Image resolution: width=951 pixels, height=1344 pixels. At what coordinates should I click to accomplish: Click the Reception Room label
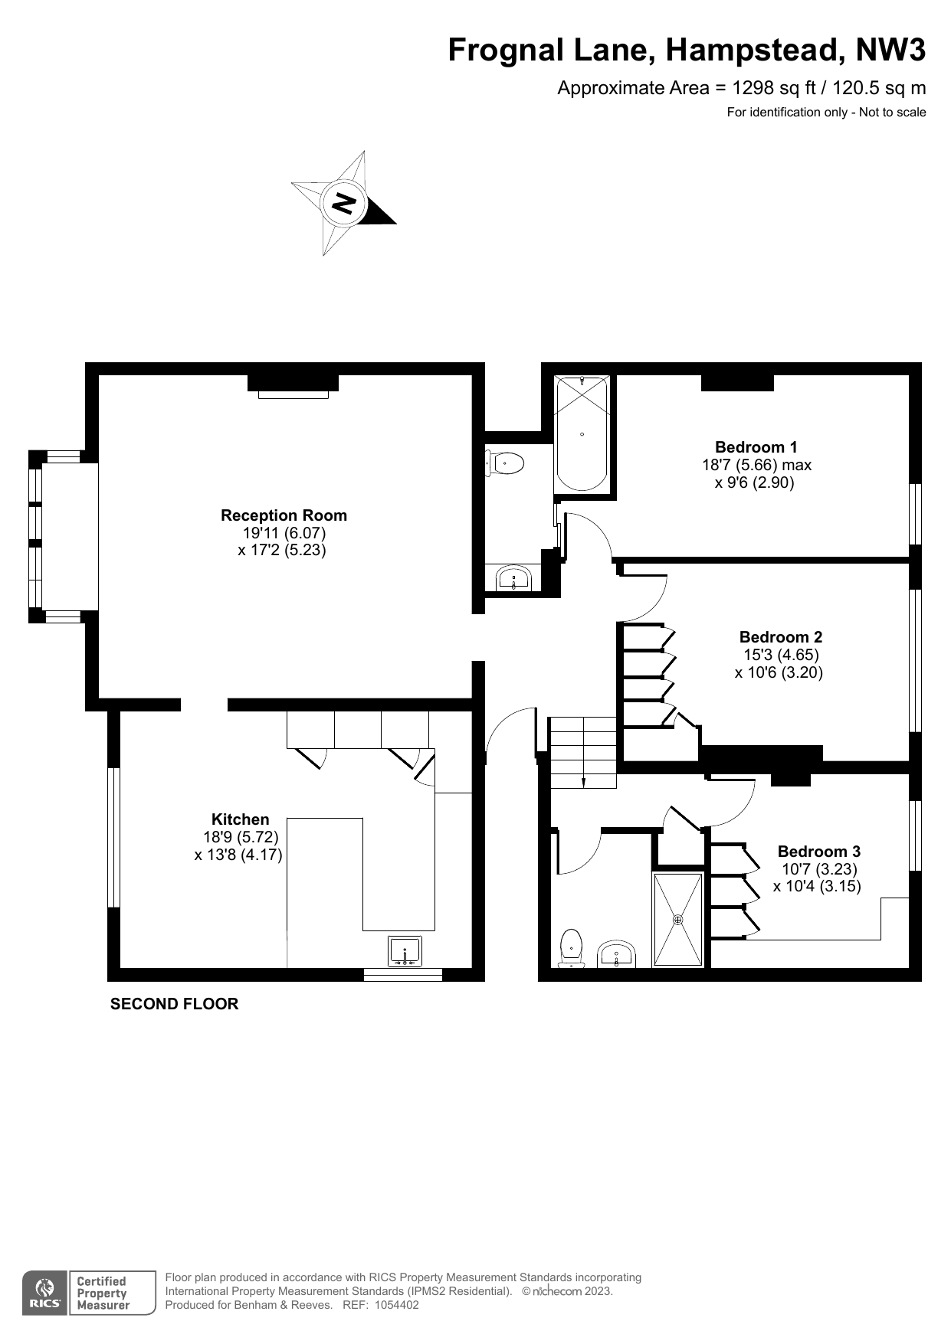pos(284,515)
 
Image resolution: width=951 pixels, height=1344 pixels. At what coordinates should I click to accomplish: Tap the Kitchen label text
pos(240,819)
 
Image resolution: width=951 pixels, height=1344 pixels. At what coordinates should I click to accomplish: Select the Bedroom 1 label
pos(756,447)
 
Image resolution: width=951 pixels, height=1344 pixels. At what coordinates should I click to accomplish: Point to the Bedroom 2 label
pos(781,637)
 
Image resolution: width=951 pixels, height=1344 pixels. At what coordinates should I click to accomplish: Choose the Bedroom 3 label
pos(818,852)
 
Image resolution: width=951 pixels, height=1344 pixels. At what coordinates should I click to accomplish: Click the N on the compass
pos(344,204)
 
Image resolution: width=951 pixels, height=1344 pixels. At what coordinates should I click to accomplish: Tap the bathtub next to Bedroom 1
pos(582,433)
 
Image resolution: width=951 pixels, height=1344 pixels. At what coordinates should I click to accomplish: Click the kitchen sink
pos(405,951)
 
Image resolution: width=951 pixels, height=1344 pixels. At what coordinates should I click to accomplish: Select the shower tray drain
pos(677,920)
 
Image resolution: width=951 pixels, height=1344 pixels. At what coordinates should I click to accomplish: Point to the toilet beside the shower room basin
pos(571,948)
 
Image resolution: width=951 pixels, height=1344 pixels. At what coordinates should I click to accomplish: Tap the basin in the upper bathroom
pos(513,578)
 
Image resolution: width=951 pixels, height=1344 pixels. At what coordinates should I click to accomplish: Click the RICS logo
pos(44,1293)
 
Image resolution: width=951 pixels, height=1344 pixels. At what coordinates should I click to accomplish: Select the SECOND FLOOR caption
pos(174,1004)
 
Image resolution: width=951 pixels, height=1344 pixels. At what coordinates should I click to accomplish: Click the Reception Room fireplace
pos(293,385)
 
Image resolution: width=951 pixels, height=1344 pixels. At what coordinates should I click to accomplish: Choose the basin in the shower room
pos(617,954)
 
